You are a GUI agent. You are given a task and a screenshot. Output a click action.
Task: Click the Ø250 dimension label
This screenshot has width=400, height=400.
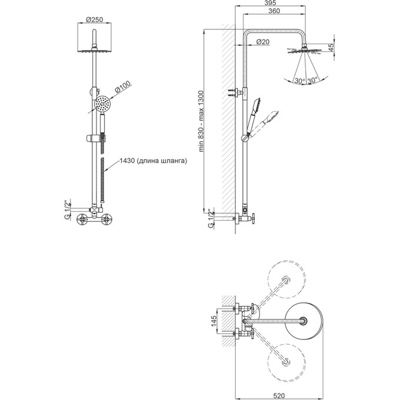[94, 19]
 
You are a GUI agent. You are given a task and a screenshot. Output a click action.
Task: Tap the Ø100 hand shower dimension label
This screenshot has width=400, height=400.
[123, 86]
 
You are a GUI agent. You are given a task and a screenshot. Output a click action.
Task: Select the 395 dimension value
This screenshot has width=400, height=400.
[270, 3]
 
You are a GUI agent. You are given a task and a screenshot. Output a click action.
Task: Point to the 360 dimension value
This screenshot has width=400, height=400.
[274, 11]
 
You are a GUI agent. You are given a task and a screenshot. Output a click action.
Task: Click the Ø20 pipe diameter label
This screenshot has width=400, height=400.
[262, 42]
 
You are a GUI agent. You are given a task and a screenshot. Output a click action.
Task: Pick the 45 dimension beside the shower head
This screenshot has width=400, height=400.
[331, 48]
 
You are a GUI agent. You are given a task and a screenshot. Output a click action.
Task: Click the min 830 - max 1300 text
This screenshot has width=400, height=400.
[201, 121]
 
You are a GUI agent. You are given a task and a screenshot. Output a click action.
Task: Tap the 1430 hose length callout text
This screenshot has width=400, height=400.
[154, 161]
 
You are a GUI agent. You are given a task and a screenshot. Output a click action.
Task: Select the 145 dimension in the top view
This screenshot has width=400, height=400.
[214, 321]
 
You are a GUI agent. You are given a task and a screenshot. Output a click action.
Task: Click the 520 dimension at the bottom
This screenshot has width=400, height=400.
[279, 396]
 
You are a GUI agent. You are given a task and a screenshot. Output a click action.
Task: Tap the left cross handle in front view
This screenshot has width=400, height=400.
[83, 219]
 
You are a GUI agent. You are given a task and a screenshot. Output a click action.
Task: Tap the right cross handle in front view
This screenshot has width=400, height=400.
[106, 219]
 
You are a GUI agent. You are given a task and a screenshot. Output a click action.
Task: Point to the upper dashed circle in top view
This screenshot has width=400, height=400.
[286, 279]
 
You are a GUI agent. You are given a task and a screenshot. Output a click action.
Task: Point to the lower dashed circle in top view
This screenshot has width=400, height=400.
[286, 362]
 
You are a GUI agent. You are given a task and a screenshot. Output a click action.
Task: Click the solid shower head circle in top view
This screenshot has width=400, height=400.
[304, 321]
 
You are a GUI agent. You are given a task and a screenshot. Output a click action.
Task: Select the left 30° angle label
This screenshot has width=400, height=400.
[300, 81]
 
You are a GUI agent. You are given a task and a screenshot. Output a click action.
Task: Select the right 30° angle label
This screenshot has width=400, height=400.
[312, 81]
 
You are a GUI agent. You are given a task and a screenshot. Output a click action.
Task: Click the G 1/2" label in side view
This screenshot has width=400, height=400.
[211, 219]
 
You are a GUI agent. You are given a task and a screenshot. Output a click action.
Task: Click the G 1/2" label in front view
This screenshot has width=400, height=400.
[67, 210]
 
